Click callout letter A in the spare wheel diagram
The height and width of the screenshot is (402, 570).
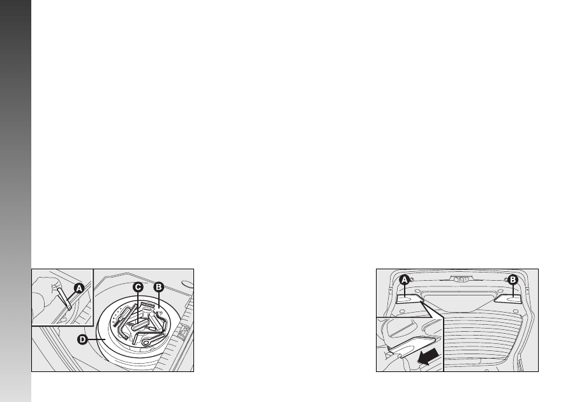[x=79, y=288]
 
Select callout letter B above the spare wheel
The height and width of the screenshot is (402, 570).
[x=158, y=287]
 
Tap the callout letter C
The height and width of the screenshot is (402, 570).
[x=138, y=288]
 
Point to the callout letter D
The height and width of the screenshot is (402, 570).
[x=82, y=339]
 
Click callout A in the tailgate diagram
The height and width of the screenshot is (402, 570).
[x=404, y=280]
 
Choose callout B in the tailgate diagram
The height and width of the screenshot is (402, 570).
[x=513, y=280]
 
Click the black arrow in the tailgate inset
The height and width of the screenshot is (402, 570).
[x=428, y=356]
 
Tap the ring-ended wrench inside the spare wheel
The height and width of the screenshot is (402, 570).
[x=153, y=339]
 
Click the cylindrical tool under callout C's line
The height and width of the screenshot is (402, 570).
[x=140, y=325]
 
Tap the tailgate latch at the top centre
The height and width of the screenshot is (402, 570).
[x=460, y=279]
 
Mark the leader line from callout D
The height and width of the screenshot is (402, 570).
[x=96, y=339]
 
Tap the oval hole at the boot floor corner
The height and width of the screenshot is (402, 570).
[x=188, y=284]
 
